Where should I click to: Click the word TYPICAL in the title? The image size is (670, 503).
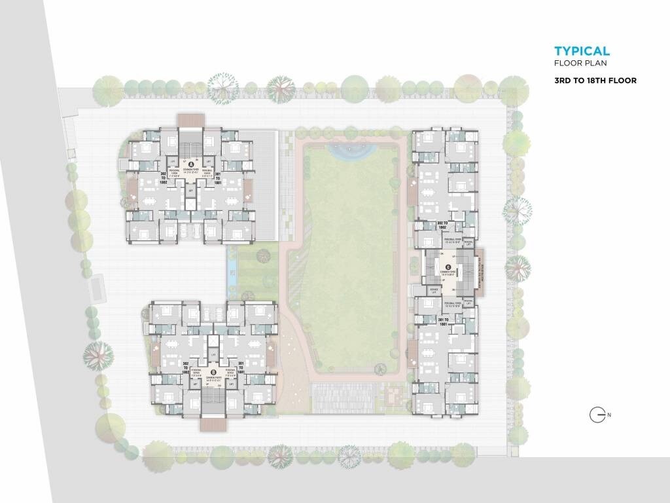(x=582, y=51)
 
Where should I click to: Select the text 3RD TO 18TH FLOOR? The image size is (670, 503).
(x=595, y=81)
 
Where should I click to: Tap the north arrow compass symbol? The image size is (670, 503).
(x=596, y=415)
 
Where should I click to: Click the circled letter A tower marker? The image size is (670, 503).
(x=191, y=164)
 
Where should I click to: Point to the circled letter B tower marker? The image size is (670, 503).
(x=213, y=373)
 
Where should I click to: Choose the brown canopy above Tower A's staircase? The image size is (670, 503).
(x=190, y=120)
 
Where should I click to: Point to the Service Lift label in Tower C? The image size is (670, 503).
(x=433, y=289)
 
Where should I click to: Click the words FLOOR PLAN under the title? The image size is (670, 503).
(x=580, y=64)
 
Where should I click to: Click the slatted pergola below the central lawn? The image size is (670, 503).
(x=344, y=396)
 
